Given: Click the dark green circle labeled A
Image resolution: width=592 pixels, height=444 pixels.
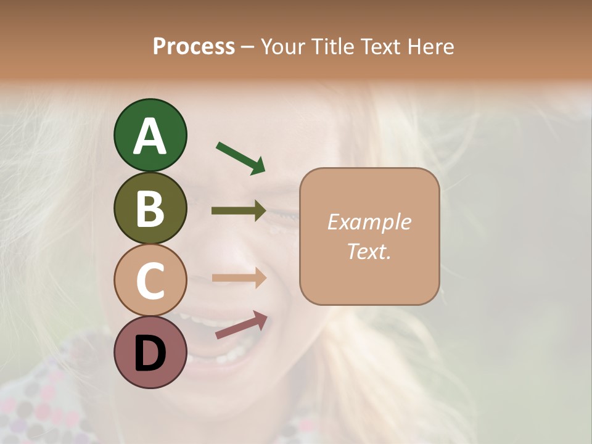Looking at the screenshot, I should tap(150, 135).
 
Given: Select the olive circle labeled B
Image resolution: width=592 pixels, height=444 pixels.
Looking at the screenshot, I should tap(150, 208).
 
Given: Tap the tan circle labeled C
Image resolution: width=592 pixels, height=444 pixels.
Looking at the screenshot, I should tap(150, 280).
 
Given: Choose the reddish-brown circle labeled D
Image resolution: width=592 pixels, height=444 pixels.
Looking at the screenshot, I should tap(150, 352).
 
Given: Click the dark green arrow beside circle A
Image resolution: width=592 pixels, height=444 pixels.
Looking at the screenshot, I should tap(240, 157).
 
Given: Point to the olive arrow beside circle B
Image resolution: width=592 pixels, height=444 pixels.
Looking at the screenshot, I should tap(239, 211).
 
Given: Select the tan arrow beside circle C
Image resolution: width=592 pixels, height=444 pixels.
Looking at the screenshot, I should tap(239, 278).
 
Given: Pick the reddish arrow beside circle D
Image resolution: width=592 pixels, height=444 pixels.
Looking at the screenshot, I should tap(241, 325).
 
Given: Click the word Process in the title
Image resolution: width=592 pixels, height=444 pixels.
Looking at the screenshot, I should tap(194, 47).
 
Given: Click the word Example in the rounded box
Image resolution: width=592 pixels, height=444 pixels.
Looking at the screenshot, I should tap(369, 222).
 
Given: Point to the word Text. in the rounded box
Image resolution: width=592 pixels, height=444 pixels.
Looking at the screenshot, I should tap(369, 251).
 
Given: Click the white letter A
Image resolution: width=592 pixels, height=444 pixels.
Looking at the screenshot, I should tap(150, 136).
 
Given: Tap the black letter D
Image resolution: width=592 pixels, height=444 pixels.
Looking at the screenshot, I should tap(150, 353).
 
